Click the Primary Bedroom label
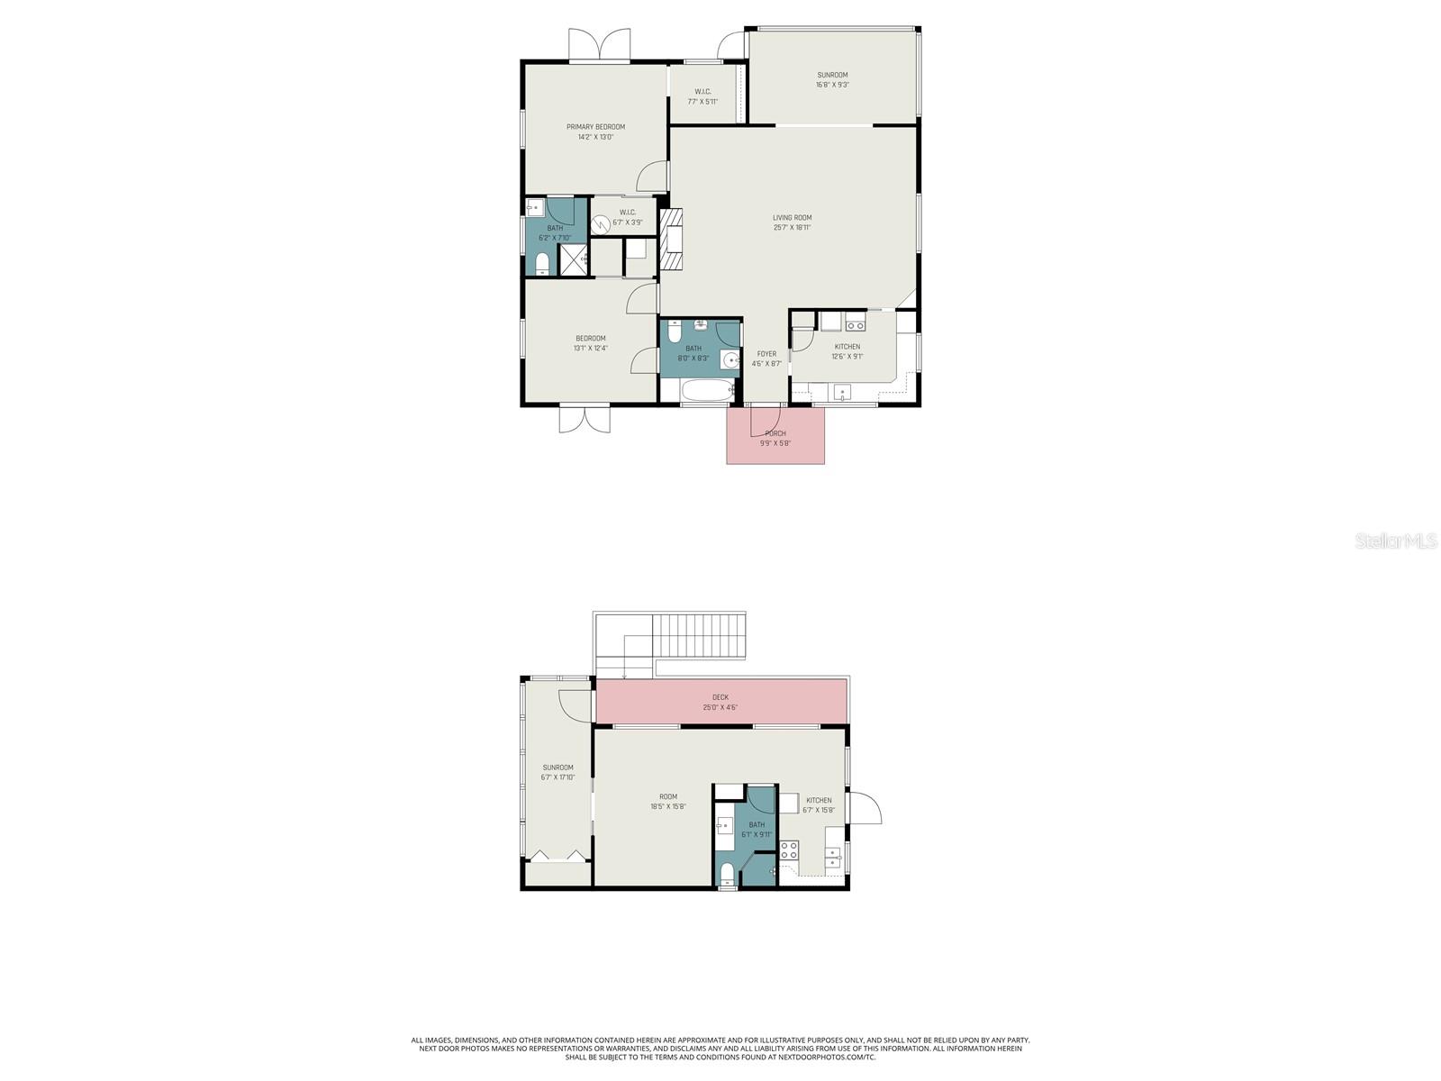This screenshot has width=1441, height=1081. pyautogui.click(x=595, y=127)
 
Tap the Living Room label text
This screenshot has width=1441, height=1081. pyautogui.click(x=792, y=218)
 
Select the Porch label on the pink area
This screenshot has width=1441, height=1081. pyautogui.click(x=775, y=433)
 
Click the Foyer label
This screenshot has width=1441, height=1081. pyautogui.click(x=766, y=354)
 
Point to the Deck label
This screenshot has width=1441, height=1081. pyautogui.click(x=720, y=697)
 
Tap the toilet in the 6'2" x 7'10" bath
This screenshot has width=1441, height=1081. pyautogui.click(x=542, y=263)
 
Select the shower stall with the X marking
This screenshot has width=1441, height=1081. pyautogui.click(x=573, y=259)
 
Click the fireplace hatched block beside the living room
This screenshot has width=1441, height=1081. pyautogui.click(x=672, y=239)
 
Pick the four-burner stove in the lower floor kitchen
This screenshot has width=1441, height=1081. pyautogui.click(x=789, y=849)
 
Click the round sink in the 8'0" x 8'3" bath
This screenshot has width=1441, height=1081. pyautogui.click(x=732, y=359)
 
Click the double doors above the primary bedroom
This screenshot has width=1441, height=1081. pyautogui.click(x=599, y=45)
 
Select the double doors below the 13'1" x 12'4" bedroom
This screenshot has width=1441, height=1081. pyautogui.click(x=585, y=419)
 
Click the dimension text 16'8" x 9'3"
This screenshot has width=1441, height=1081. pyautogui.click(x=832, y=85)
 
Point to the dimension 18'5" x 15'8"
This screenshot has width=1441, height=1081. pyautogui.click(x=667, y=806)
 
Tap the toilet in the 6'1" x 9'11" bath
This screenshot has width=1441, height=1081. pyautogui.click(x=728, y=874)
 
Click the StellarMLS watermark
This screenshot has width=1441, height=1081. pyautogui.click(x=1394, y=541)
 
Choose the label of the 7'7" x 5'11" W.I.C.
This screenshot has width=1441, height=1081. pyautogui.click(x=702, y=92)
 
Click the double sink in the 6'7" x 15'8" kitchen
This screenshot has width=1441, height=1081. pyautogui.click(x=834, y=858)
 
